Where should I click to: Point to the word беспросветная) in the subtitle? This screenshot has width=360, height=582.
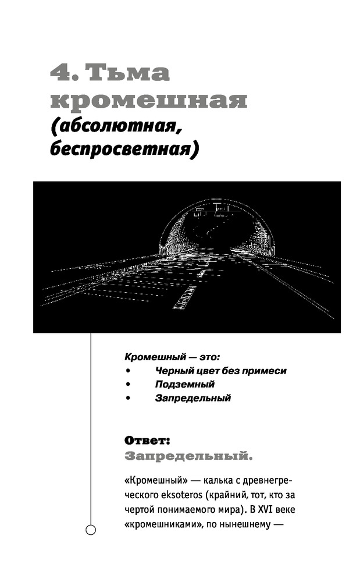point(124,149)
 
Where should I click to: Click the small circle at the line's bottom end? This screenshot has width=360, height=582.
point(90,530)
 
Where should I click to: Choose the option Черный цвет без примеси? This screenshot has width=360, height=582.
point(220,370)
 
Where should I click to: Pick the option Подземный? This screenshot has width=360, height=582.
point(184,384)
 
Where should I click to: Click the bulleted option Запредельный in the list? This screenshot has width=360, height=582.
point(193,399)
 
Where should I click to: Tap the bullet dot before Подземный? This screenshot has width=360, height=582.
point(127,385)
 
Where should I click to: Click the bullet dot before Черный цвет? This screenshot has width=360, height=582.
point(127,371)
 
